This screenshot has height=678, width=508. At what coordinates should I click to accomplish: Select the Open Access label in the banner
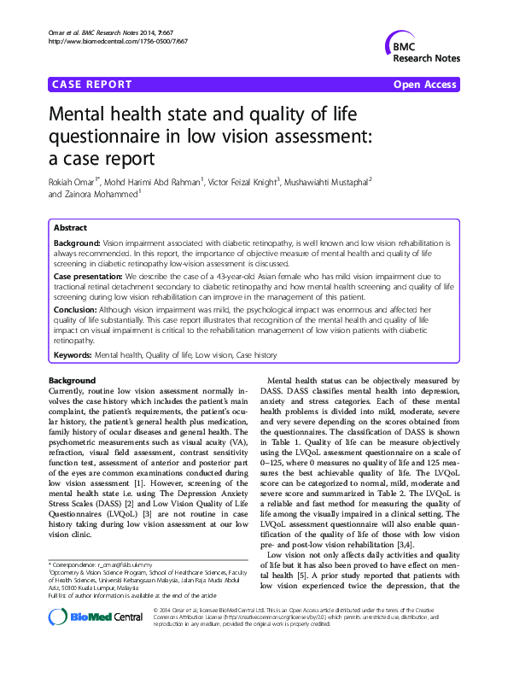(425, 85)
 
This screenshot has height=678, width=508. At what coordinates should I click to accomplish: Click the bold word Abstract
(70, 229)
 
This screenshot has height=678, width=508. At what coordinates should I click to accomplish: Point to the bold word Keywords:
(73, 354)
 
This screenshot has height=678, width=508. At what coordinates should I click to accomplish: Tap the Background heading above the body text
(73, 380)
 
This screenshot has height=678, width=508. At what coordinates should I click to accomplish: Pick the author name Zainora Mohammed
(100, 195)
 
